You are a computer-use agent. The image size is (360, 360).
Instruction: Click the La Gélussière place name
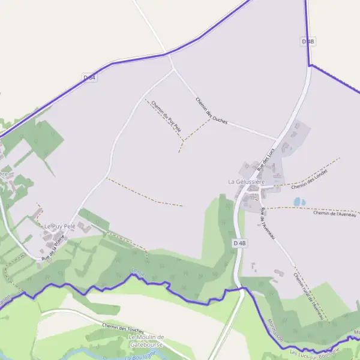tap(246, 181)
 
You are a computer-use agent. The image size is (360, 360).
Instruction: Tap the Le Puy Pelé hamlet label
tap(60, 226)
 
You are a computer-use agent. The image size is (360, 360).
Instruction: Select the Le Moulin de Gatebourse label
tap(146, 341)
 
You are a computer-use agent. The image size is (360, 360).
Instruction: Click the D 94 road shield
tap(89, 77)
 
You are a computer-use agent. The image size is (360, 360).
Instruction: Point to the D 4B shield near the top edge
tap(308, 41)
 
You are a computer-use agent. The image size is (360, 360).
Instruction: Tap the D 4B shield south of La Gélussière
tap(239, 243)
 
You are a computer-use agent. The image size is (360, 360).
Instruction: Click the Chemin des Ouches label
tap(212, 111)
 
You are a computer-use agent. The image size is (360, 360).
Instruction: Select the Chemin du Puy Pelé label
tap(166, 115)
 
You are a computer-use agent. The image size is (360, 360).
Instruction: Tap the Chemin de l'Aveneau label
tap(335, 213)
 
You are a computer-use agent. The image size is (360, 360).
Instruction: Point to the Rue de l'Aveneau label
tap(268, 224)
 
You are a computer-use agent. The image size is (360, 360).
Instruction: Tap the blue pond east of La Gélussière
tap(299, 202)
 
